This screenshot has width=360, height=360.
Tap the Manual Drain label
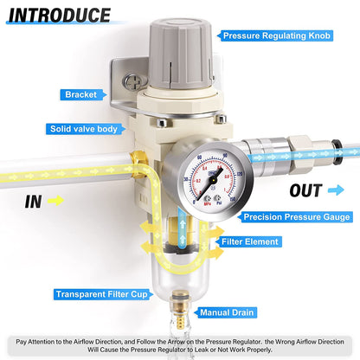point(228,312)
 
